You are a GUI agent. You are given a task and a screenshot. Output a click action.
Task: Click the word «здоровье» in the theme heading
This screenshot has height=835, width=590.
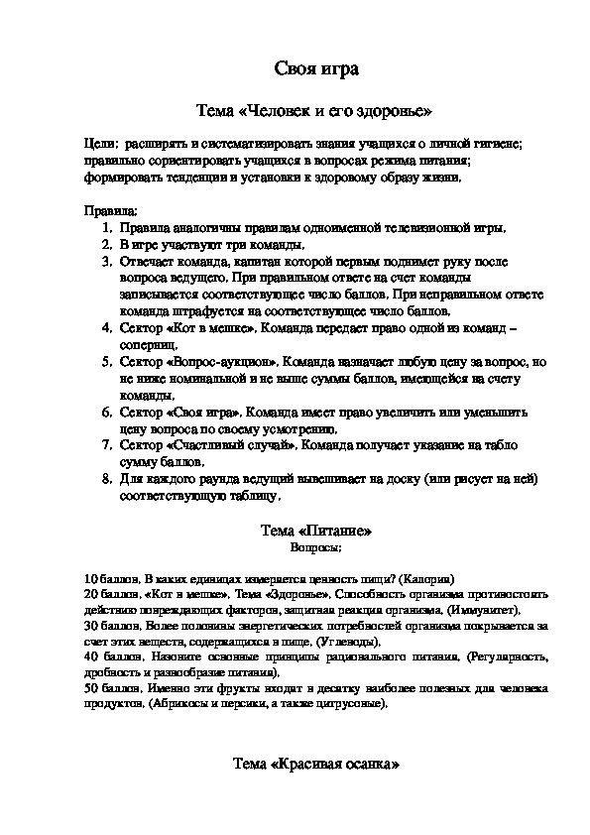coord(396,110)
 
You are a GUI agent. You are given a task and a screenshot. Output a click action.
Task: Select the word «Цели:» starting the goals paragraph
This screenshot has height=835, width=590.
coord(102,144)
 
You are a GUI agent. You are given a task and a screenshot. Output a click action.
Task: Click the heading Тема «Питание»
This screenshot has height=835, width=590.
coord(314,532)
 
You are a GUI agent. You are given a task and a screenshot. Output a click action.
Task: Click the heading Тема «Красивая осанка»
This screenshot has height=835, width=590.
coord(314,765)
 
